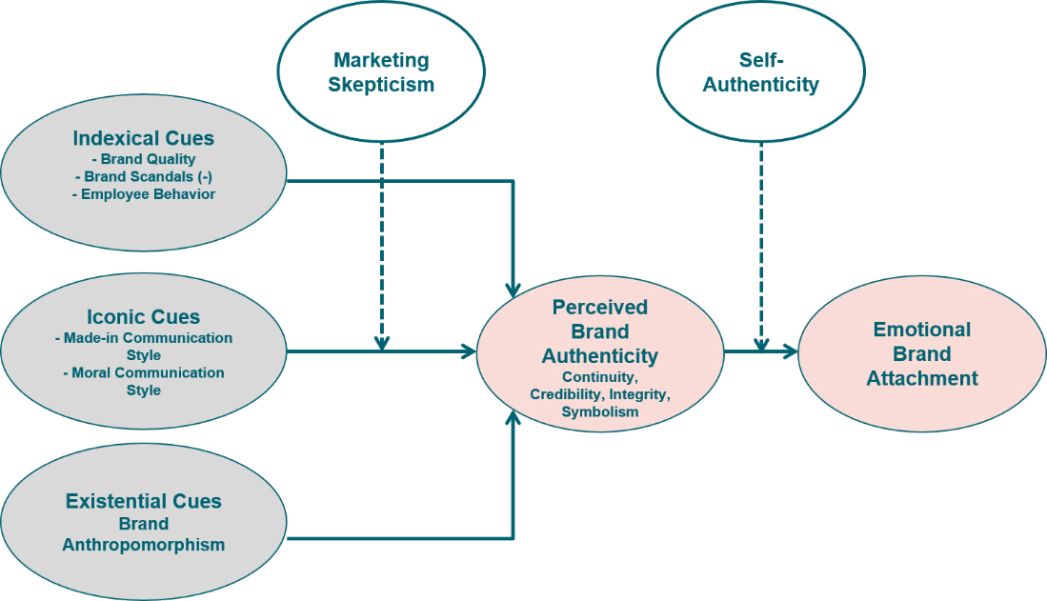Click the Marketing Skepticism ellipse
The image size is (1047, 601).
point(381,72)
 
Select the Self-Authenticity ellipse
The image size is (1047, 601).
point(761,72)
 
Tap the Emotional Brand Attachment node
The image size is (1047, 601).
point(921,353)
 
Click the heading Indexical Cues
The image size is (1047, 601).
point(144,138)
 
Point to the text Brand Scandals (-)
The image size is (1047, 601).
point(144,176)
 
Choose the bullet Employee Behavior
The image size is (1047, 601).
point(144,194)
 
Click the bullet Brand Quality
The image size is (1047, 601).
point(144,159)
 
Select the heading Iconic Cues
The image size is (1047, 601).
point(144,317)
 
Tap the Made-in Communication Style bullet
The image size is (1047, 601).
point(144,347)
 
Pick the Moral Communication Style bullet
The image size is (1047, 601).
point(144,381)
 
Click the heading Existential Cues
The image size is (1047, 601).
point(144,501)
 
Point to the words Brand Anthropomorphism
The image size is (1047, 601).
point(144,534)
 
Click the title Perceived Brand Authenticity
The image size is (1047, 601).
point(600,331)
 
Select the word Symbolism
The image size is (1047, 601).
point(600,412)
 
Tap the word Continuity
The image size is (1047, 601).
point(600,378)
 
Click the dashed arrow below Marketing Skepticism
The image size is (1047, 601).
point(381,243)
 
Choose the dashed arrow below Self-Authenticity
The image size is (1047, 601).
point(761,243)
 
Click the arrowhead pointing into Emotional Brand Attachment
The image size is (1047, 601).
point(790,352)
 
